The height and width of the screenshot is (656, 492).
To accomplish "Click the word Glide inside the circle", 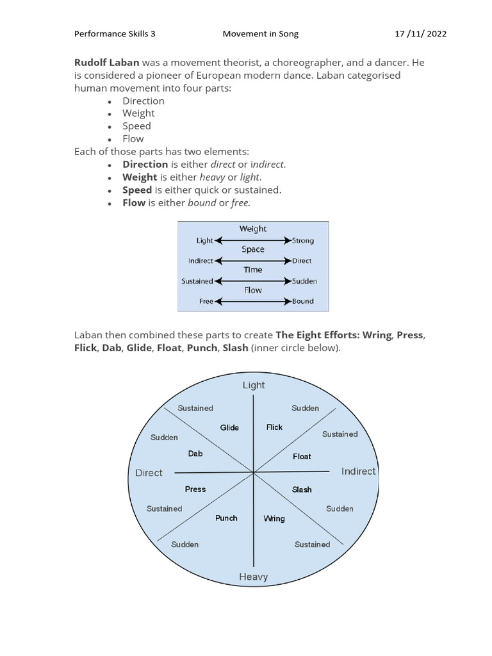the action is (x=229, y=427).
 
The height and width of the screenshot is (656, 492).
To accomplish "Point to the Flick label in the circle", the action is (x=274, y=427).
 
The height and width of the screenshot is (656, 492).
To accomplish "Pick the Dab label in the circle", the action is (x=195, y=454).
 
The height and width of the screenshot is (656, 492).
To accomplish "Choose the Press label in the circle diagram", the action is (x=195, y=489).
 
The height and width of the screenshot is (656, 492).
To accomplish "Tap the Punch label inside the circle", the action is (x=226, y=518).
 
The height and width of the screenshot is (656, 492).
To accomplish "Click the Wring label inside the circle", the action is (x=274, y=518).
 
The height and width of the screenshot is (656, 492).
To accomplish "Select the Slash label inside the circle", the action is (x=302, y=489).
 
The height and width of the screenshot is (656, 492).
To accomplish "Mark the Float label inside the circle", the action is (x=302, y=456).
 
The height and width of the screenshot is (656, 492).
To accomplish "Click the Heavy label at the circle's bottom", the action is (x=253, y=577).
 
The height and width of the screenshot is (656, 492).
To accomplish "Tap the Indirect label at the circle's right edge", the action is (x=358, y=471).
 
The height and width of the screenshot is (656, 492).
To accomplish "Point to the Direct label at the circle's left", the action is (x=149, y=473).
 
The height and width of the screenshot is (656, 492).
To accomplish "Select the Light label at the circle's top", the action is (x=253, y=385).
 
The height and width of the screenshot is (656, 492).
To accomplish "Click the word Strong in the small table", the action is (x=302, y=241).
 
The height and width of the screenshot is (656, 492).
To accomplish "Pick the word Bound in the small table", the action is (x=302, y=301).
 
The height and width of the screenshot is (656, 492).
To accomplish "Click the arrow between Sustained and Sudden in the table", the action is (x=253, y=281).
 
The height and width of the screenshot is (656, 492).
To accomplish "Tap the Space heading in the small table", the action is (x=253, y=249).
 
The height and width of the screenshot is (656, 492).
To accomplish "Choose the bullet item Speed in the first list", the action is (x=137, y=126).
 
